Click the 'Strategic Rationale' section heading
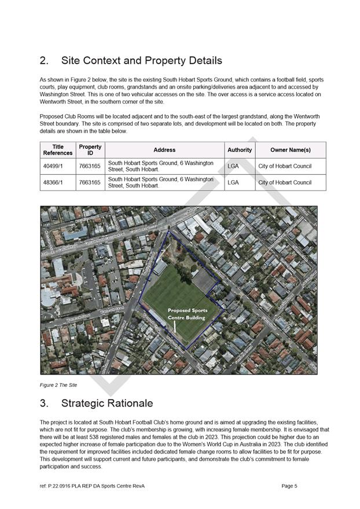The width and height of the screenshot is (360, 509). pos(115,403)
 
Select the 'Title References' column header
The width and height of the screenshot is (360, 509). pos(57,150)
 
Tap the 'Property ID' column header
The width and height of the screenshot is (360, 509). pos(90,150)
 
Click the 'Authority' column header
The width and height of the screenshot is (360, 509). pos(240,150)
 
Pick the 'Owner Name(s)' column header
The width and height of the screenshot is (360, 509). pos(290,150)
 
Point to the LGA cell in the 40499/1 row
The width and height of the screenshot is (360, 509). pos(233,166)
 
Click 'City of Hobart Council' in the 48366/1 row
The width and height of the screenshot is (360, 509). pos(285,182)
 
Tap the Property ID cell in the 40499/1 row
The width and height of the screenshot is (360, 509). pos(90,166)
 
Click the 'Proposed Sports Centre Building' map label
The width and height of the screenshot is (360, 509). pos(188,314)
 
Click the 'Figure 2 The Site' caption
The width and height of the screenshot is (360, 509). pos(58,385)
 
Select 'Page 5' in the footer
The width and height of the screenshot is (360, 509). pos(289,486)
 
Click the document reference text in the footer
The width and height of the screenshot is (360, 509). pos(92,486)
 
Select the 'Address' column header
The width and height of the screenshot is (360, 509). pos(164,150)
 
